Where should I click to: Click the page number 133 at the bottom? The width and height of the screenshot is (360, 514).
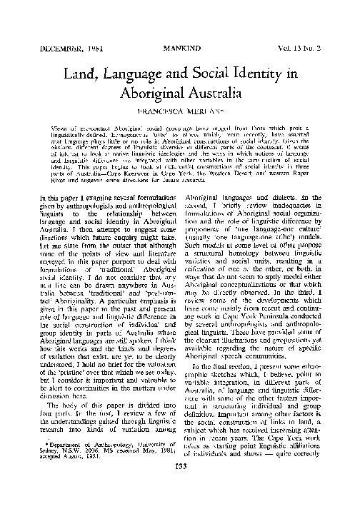point(181,488)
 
